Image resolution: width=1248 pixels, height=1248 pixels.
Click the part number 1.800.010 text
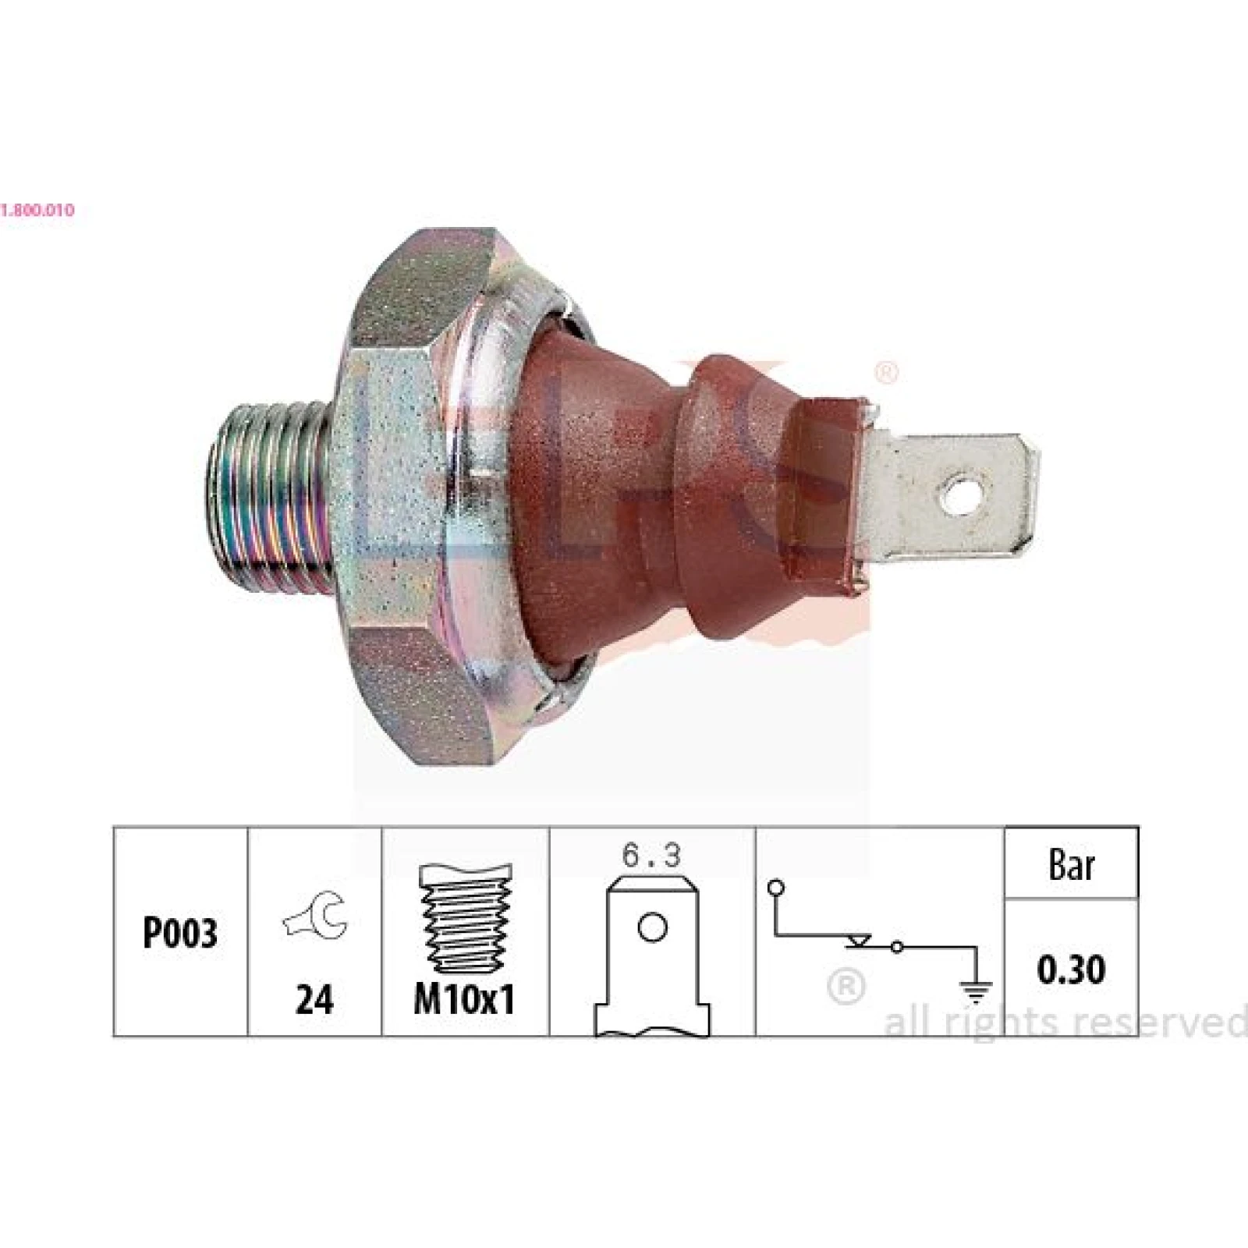37,210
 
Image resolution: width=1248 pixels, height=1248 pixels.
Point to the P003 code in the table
180,932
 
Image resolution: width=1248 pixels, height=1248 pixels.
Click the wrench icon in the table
314,914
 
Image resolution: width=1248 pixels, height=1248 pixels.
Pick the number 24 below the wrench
314,999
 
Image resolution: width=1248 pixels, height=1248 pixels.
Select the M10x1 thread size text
465,999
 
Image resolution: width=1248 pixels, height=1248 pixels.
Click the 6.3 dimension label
651,856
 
